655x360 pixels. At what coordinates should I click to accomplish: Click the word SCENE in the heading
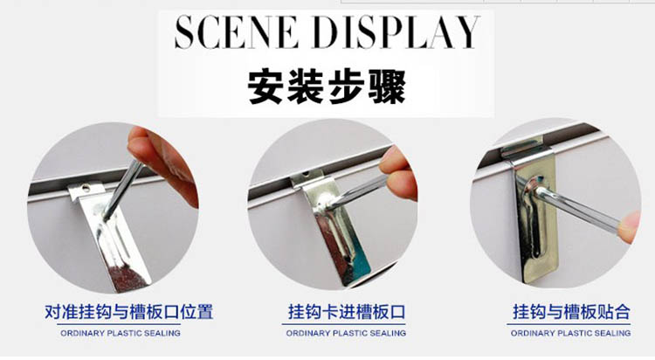pyautogui.click(x=236, y=32)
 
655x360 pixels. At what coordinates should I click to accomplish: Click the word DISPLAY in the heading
pyautogui.click(x=396, y=32)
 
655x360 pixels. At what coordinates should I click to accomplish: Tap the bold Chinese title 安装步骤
pyautogui.click(x=327, y=87)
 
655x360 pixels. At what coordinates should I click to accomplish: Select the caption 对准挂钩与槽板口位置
pyautogui.click(x=129, y=312)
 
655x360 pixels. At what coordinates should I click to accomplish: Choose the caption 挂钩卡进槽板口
pyautogui.click(x=347, y=312)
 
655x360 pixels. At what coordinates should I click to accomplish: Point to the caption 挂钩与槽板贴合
pyautogui.click(x=571, y=312)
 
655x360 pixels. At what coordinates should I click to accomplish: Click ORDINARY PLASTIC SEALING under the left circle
pyautogui.click(x=121, y=333)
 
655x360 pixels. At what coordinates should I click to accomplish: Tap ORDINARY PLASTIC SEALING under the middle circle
pyautogui.click(x=346, y=333)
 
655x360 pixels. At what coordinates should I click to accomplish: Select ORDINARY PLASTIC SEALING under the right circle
pyautogui.click(x=570, y=333)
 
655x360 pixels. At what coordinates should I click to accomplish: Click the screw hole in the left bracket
pyautogui.click(x=86, y=189)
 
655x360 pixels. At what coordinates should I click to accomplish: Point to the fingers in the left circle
pyautogui.click(x=163, y=163)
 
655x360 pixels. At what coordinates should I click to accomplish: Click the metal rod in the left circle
pyautogui.click(x=123, y=190)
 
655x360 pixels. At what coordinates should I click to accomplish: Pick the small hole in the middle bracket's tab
pyautogui.click(x=307, y=173)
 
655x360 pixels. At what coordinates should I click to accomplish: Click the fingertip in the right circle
pyautogui.click(x=628, y=228)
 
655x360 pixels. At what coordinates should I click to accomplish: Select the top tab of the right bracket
pyautogui.click(x=523, y=147)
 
